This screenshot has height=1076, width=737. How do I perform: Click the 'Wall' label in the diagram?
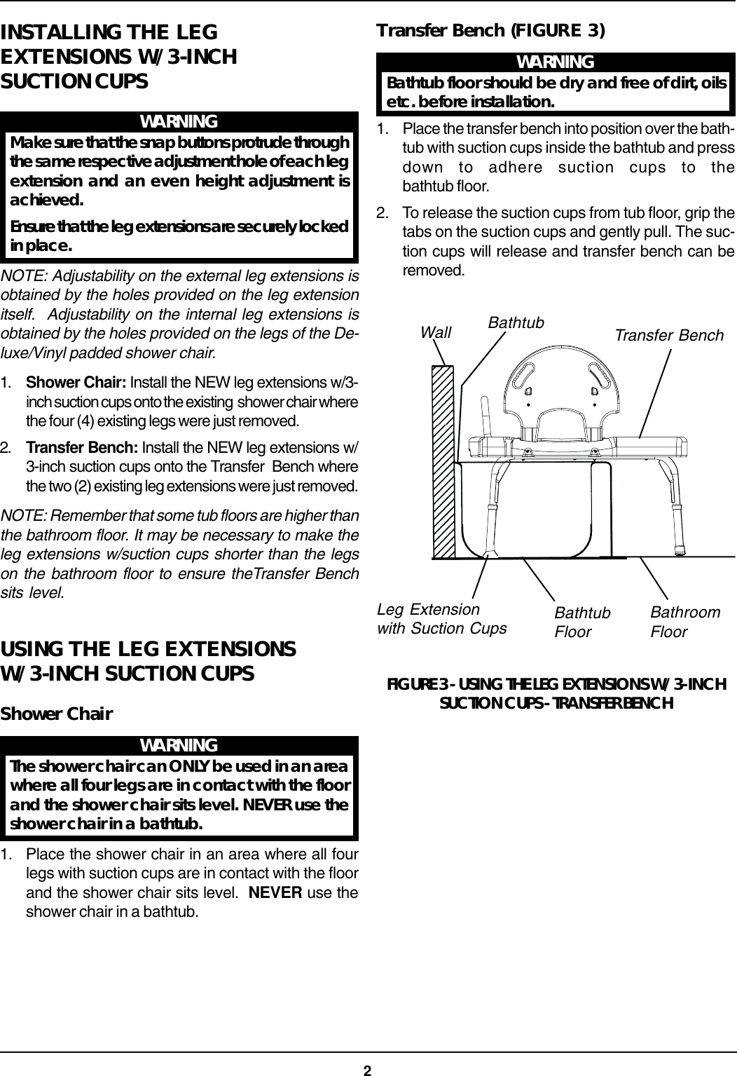click(x=436, y=332)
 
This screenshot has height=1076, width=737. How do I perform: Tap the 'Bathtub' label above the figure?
click(x=516, y=322)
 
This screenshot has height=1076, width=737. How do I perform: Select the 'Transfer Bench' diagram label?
click(x=668, y=336)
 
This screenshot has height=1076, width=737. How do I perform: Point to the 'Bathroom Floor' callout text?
click(x=684, y=622)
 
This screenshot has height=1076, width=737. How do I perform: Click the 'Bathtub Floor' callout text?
click(x=582, y=622)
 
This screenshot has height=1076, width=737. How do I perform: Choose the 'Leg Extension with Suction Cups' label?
click(x=441, y=619)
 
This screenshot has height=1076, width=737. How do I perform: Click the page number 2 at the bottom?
click(x=367, y=1070)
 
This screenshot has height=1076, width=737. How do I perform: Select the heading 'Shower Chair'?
click(x=57, y=714)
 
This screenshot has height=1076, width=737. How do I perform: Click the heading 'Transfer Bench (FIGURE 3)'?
click(x=490, y=31)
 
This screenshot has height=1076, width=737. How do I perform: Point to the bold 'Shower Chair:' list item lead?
click(x=76, y=383)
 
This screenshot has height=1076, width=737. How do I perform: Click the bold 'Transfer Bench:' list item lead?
click(x=82, y=448)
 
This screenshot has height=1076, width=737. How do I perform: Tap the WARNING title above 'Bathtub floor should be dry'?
click(x=555, y=62)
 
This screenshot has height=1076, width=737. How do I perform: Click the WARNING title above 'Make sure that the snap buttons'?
click(x=179, y=121)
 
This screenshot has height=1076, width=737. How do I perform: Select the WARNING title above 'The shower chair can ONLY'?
click(x=179, y=745)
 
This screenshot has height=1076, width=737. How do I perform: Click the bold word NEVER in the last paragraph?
click(x=275, y=893)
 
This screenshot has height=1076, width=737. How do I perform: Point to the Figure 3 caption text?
click(x=556, y=693)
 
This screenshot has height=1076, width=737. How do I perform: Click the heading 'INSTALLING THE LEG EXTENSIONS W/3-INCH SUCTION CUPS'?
click(x=119, y=56)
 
